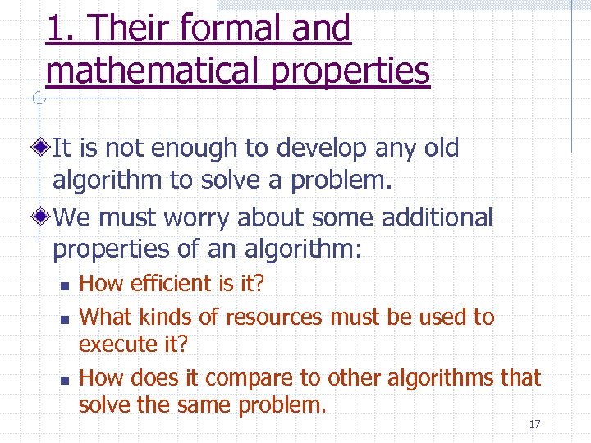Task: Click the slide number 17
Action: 534,424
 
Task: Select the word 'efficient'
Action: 171,284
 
